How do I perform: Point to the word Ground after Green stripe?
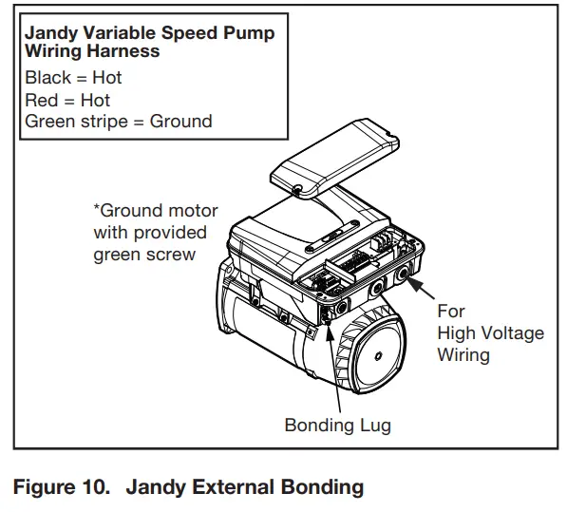click(180, 122)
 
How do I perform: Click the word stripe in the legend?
click(104, 122)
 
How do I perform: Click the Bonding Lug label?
click(337, 425)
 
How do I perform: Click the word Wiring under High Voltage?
click(463, 354)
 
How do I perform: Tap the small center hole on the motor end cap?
click(379, 358)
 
